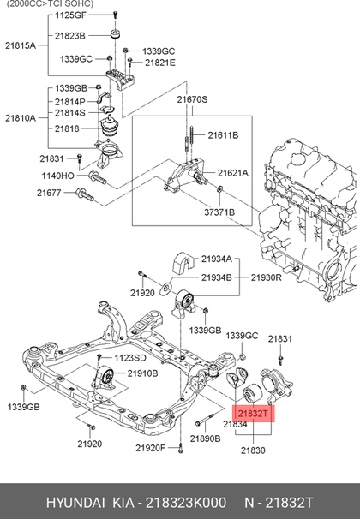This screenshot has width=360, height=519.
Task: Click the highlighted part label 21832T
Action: [x=253, y=414]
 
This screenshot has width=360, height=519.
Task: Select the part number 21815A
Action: [x=21, y=45]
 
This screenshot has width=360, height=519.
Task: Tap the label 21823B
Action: [x=70, y=36]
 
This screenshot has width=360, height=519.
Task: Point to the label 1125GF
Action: [x=70, y=15]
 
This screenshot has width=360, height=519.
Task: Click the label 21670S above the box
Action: [x=192, y=99]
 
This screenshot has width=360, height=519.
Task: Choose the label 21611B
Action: [x=223, y=135]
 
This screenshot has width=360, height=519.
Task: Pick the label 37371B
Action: [x=219, y=212]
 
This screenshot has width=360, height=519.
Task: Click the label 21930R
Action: [x=267, y=277]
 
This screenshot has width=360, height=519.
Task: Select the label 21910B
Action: [x=143, y=373]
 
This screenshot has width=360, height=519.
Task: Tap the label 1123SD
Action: [x=130, y=358]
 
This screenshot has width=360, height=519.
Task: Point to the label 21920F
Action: [x=150, y=448]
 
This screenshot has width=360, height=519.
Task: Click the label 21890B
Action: [x=206, y=438]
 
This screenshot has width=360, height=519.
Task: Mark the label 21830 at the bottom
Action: [x=253, y=450]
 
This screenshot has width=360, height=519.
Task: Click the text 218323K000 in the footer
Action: [x=186, y=503]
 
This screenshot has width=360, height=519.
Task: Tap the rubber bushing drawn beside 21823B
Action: [x=115, y=34]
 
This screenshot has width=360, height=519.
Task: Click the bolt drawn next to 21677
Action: [x=85, y=194]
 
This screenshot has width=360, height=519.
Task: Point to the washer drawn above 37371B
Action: [x=219, y=189]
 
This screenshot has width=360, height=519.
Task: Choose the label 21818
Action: [x=67, y=128]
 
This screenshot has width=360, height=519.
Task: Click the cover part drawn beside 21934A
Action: [x=183, y=263]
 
